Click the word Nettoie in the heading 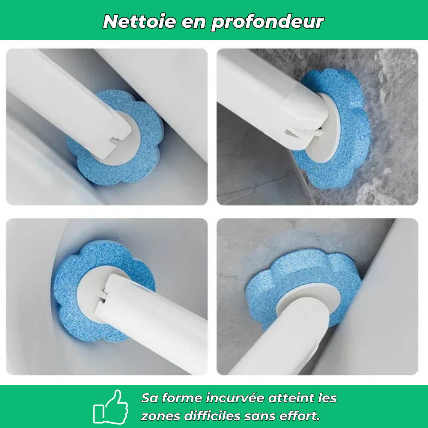(x=140, y=21)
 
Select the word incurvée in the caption (x=235, y=398)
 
